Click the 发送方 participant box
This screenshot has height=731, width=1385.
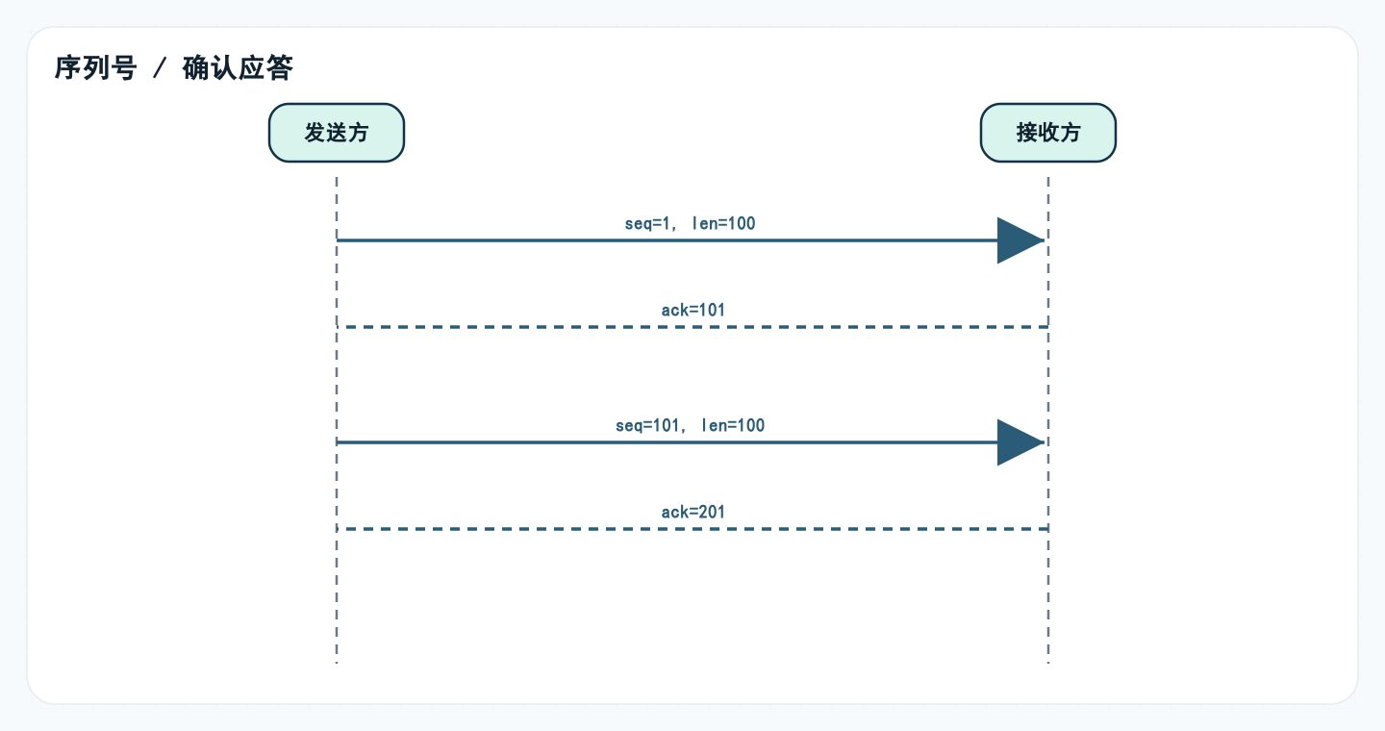click(x=337, y=133)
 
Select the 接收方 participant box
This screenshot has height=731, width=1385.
click(x=1048, y=133)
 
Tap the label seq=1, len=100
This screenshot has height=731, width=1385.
click(x=690, y=223)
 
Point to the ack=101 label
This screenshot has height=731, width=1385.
click(x=693, y=310)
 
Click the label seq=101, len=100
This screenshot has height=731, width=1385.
click(x=690, y=425)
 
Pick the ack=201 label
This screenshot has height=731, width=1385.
click(x=693, y=512)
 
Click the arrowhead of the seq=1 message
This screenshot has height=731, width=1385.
click(x=1018, y=240)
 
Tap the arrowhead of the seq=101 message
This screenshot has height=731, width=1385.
click(x=1018, y=442)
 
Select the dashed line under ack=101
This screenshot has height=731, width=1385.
click(x=692, y=327)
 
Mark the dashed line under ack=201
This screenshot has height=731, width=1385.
click(x=692, y=529)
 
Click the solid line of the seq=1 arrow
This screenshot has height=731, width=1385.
click(x=664, y=240)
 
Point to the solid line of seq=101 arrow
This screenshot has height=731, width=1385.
click(x=664, y=442)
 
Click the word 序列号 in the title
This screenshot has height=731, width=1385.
click(x=95, y=68)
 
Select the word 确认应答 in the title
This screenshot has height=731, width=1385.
click(x=238, y=68)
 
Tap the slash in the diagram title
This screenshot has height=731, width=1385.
click(x=160, y=68)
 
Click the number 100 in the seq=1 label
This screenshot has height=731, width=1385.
click(x=742, y=223)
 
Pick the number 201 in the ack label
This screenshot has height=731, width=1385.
click(x=712, y=512)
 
